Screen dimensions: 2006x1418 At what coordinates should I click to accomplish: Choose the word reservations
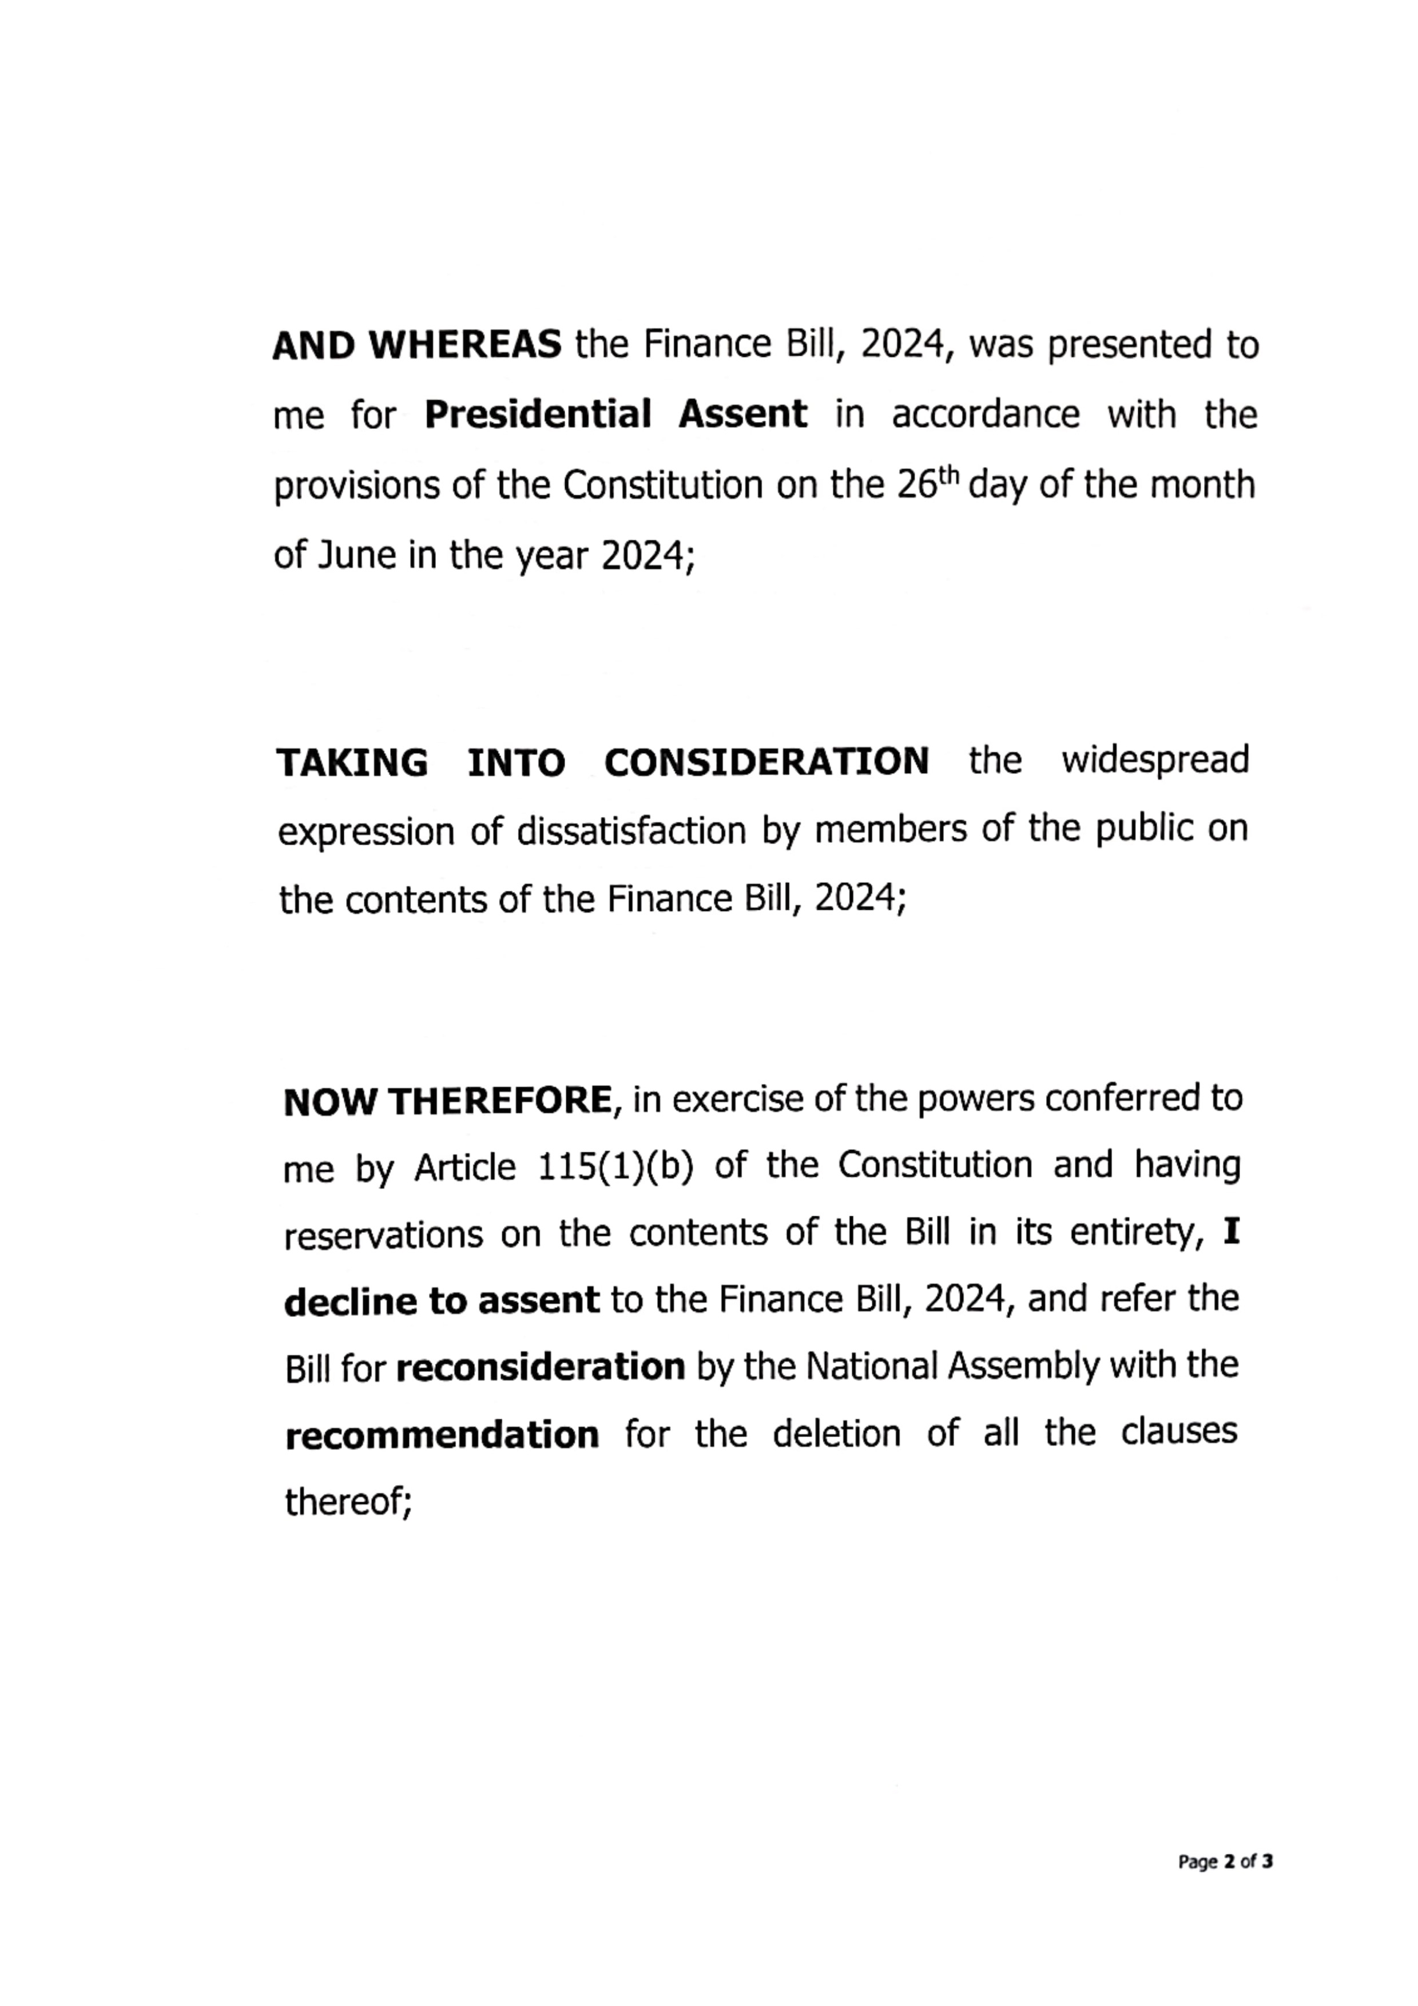click(384, 1235)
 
